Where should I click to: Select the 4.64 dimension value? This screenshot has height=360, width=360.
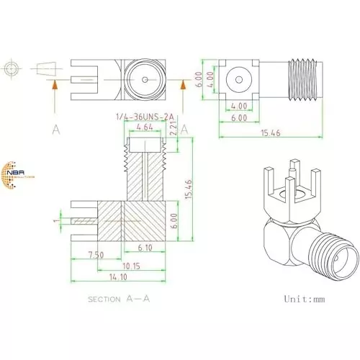point(145,127)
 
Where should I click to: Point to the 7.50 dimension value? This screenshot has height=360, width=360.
point(95,255)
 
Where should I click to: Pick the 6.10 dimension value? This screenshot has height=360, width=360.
point(143,248)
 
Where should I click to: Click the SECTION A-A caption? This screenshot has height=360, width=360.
point(120,297)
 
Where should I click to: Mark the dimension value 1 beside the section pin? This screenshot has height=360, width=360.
point(55,220)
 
